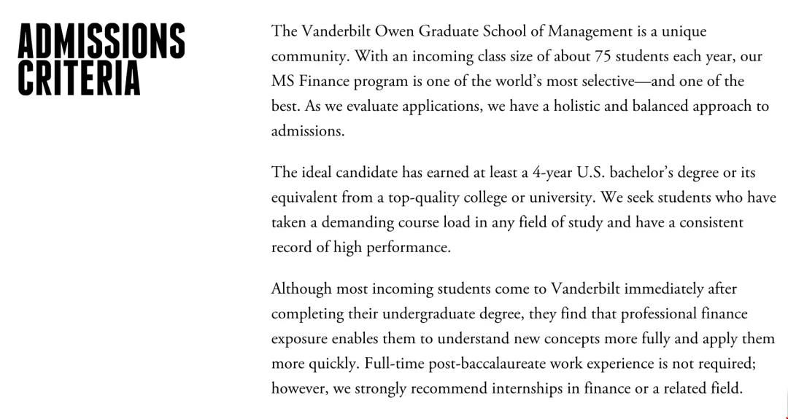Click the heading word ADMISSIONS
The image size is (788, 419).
[101, 41]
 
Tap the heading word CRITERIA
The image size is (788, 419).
[79, 78]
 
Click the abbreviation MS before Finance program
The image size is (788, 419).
[283, 81]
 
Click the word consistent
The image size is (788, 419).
[711, 222]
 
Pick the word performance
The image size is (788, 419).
[408, 247]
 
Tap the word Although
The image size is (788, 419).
[301, 289]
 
